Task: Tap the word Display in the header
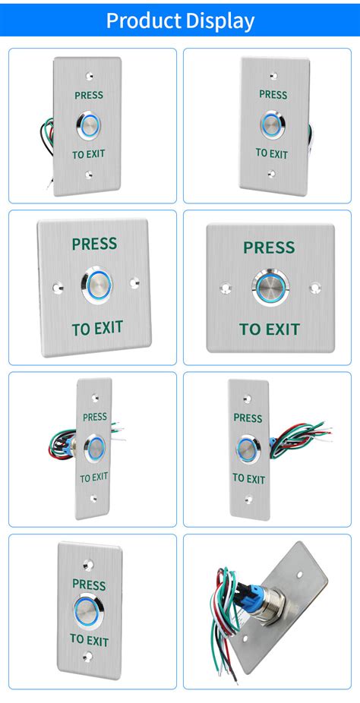[x=220, y=20]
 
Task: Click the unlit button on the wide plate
[x=270, y=288]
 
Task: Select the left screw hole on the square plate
[x=56, y=288]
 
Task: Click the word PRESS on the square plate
[x=94, y=244]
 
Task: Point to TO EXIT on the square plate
[x=97, y=329]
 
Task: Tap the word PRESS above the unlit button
[x=269, y=247]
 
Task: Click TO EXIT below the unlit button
[x=270, y=329]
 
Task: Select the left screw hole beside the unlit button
[x=225, y=288]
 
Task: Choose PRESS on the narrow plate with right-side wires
[x=248, y=418]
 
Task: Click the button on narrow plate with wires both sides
[x=96, y=447]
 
